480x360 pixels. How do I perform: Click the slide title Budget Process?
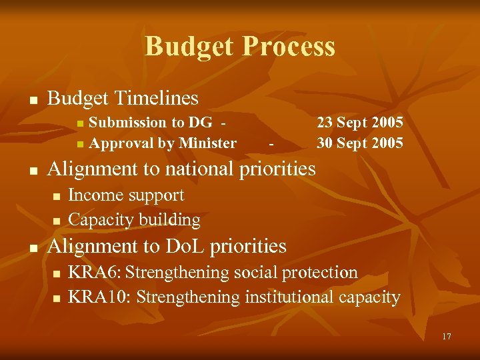[x=240, y=47]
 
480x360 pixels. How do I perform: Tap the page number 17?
[x=446, y=337]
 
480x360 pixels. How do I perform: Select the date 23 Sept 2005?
[x=359, y=122]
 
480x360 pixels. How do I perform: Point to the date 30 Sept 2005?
[x=359, y=143]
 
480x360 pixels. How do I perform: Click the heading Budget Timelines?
[x=123, y=99]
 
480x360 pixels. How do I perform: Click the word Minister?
[x=207, y=143]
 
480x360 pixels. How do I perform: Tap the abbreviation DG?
[x=200, y=122]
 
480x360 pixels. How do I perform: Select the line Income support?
[x=126, y=195]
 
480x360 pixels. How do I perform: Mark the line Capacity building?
[x=134, y=219]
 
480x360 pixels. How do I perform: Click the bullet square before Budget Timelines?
[x=31, y=101]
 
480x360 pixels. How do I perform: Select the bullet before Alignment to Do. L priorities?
[x=31, y=248]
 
